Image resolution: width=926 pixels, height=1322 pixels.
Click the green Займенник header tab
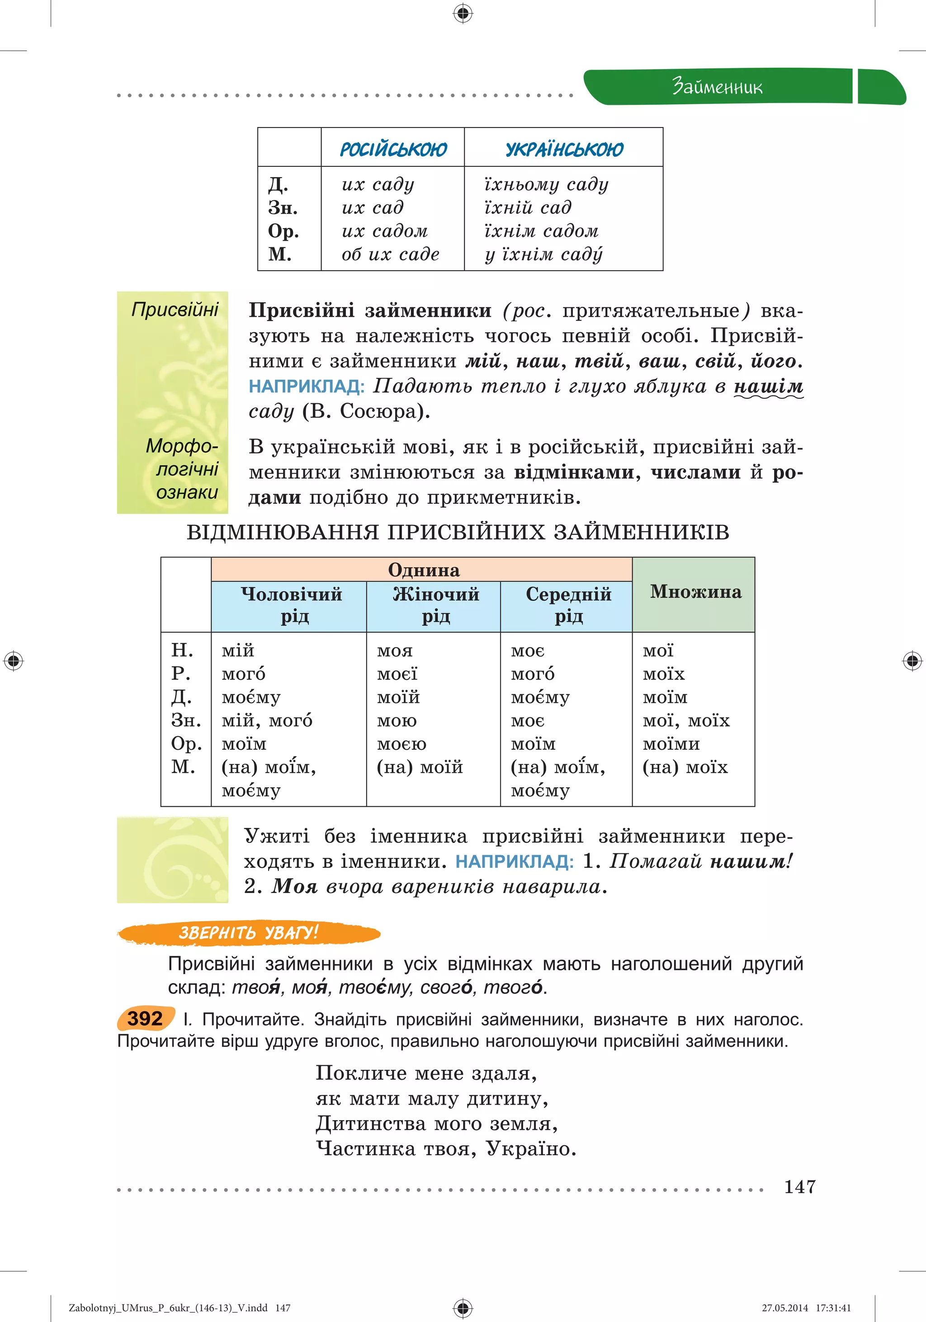717,87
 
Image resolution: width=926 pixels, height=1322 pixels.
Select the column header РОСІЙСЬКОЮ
393,149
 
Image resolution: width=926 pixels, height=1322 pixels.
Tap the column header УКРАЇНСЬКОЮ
564,149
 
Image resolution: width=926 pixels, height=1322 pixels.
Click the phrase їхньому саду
546,184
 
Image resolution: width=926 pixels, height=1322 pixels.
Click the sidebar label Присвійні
175,310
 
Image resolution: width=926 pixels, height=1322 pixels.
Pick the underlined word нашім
768,386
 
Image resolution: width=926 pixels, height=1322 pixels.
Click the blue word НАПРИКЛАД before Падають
307,386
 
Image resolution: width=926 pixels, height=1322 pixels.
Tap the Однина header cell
423,569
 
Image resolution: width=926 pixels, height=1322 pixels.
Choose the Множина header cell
695,592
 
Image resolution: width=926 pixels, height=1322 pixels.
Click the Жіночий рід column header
435,605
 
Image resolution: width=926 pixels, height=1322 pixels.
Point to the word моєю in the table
402,744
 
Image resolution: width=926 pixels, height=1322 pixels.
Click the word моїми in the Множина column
671,744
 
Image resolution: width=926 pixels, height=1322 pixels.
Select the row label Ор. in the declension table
186,744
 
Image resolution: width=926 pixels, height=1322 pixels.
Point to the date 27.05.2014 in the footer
785,1308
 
